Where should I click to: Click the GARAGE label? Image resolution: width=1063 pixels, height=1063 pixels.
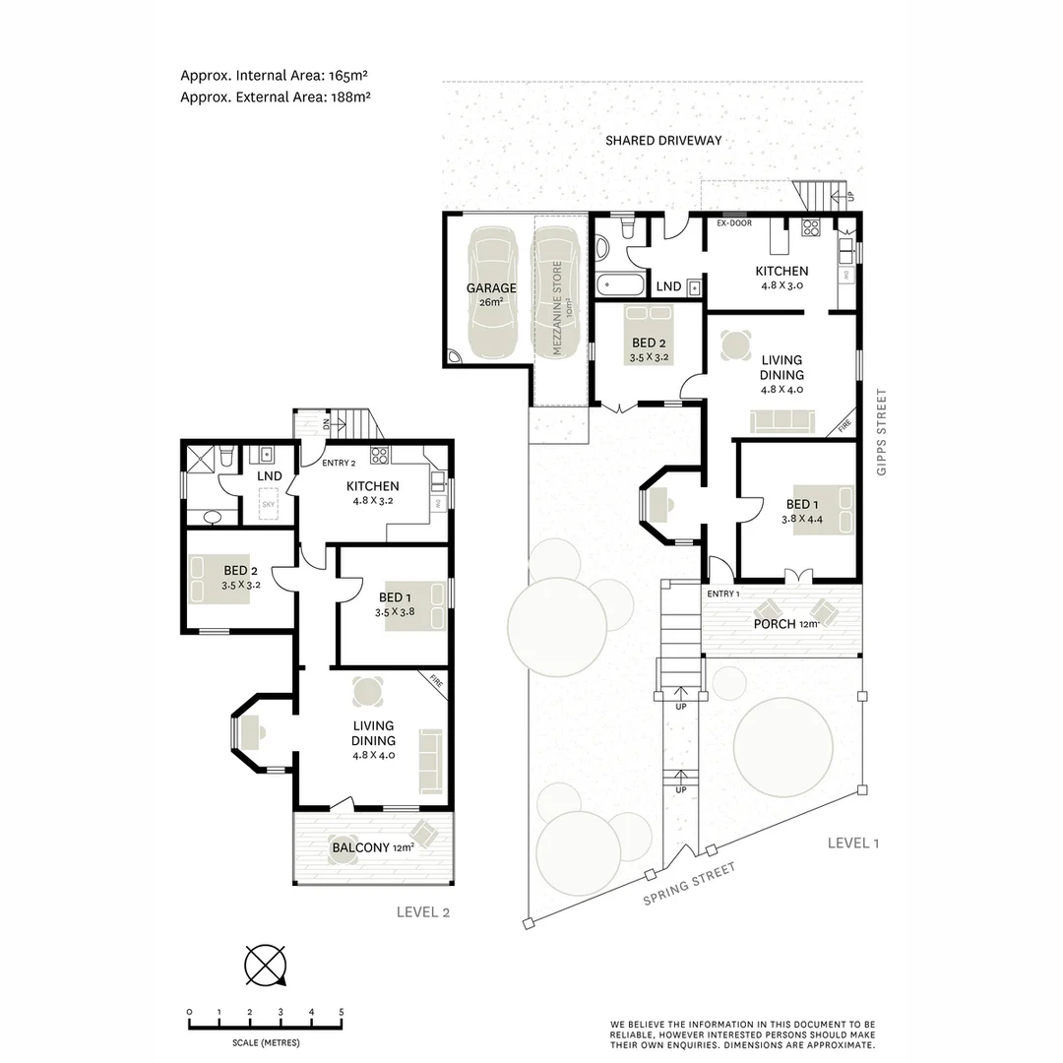491,288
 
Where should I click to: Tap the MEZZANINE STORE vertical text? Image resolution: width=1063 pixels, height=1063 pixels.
556,307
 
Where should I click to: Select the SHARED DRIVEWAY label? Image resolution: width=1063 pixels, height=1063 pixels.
662,141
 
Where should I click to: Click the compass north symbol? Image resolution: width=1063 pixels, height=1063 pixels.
266,965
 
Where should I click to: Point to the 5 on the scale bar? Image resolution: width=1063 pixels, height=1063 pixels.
342,1012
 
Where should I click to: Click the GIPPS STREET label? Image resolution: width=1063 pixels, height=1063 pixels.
881,433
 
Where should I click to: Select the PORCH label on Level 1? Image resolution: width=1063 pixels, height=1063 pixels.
775,624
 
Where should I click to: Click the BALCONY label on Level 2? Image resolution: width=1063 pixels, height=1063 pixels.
359,847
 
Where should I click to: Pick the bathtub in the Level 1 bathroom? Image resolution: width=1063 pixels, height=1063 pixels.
620,286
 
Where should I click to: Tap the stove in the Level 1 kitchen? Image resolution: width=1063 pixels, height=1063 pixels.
811,228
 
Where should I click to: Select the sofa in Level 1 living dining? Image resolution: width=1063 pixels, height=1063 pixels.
782,422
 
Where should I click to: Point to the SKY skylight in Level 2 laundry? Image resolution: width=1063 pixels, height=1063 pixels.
269,505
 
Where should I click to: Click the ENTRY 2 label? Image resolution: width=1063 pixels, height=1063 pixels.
339,463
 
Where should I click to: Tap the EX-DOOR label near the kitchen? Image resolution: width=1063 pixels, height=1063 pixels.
733,223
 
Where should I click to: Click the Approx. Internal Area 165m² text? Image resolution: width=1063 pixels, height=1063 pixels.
280,75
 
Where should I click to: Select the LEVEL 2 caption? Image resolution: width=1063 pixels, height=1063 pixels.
423,911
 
